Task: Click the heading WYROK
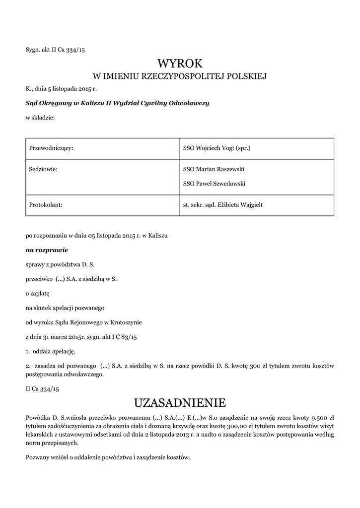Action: pyautogui.click(x=180, y=63)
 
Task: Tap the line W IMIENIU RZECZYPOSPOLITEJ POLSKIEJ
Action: pyautogui.click(x=180, y=76)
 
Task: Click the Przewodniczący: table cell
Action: pyautogui.click(x=52, y=148)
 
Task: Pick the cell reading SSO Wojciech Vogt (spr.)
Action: pyautogui.click(x=216, y=148)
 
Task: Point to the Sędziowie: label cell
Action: pyautogui.click(x=44, y=170)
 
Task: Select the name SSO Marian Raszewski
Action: pyautogui.click(x=214, y=170)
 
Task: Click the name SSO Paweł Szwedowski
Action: pyautogui.click(x=214, y=184)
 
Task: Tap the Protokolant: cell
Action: pyautogui.click(x=46, y=205)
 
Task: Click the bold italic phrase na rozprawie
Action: pyautogui.click(x=47, y=250)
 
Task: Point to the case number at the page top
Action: pyautogui.click(x=59, y=50)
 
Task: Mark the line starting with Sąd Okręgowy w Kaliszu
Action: pyautogui.click(x=117, y=103)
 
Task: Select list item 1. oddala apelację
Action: pyautogui.click(x=51, y=351)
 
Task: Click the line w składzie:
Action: pyautogui.click(x=40, y=118)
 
